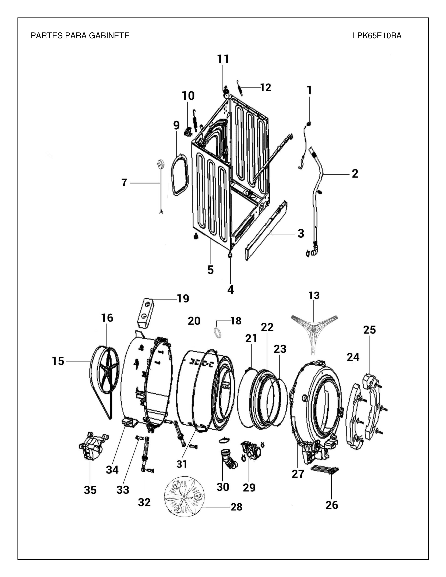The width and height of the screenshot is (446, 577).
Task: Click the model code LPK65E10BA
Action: point(377,36)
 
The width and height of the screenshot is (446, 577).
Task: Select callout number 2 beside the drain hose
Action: point(355,174)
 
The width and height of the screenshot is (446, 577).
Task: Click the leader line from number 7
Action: point(145,183)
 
